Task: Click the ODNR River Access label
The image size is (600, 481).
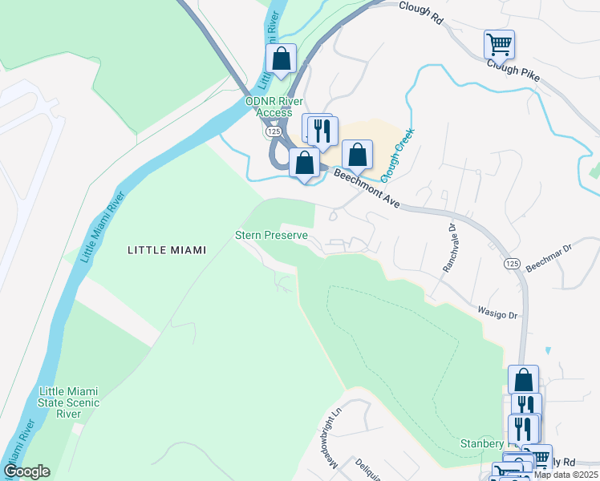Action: tap(274, 107)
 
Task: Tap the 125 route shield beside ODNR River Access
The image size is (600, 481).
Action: tap(274, 130)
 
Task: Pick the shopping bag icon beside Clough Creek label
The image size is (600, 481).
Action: tap(357, 154)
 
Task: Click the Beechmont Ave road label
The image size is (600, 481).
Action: tap(367, 189)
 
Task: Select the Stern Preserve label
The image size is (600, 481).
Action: tap(271, 236)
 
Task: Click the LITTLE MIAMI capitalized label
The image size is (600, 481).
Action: tap(167, 250)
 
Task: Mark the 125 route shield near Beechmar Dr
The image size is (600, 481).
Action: tap(511, 263)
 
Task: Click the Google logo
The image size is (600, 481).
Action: tap(26, 471)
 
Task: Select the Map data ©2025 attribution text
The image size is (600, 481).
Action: tap(566, 475)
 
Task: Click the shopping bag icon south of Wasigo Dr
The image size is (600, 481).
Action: tap(523, 379)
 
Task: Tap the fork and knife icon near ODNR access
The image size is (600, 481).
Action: tap(322, 131)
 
